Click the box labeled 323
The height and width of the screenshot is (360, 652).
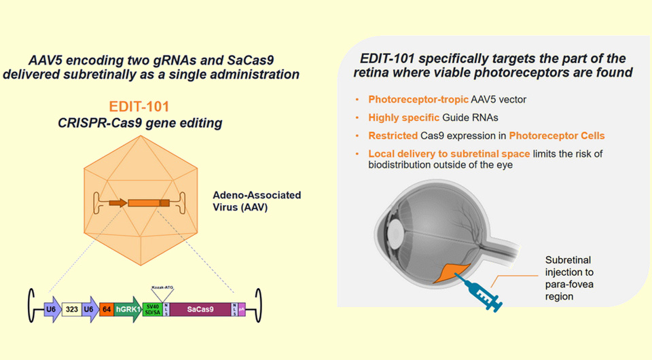click(x=71, y=311)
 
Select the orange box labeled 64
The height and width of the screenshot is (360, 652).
click(x=106, y=311)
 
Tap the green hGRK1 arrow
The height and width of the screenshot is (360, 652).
click(x=127, y=311)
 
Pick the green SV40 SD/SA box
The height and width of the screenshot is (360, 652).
click(x=153, y=311)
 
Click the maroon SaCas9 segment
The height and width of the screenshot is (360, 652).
click(x=200, y=311)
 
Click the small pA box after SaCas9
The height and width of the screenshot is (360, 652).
click(x=241, y=311)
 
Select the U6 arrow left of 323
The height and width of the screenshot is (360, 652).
click(x=52, y=311)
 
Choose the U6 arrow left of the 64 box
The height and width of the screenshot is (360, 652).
click(x=89, y=311)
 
